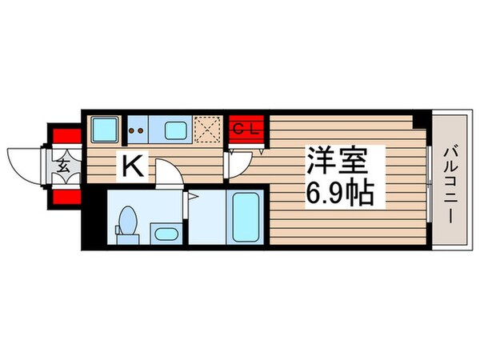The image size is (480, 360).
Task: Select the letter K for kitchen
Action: click(x=132, y=166)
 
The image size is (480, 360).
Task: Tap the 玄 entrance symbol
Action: click(x=63, y=167)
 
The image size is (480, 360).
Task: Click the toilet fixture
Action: click(x=128, y=222)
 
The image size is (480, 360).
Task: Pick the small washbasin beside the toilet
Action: click(x=166, y=234)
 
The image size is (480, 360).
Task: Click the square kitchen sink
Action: click(x=103, y=129)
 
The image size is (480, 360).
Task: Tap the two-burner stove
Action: click(x=136, y=128)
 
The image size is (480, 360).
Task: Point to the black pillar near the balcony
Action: click(x=418, y=119)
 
